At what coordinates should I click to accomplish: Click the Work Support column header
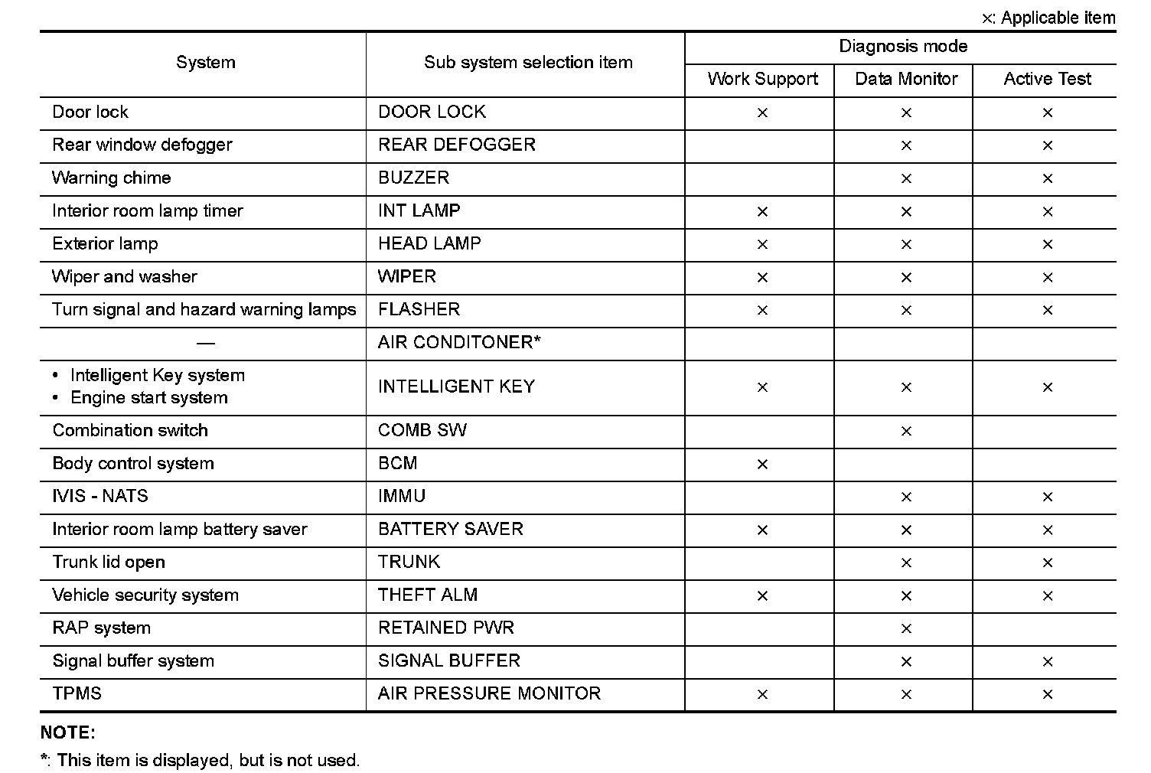click(762, 79)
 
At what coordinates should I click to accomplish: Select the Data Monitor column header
click(906, 79)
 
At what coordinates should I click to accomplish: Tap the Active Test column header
click(1047, 79)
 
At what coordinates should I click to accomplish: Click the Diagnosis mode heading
click(903, 47)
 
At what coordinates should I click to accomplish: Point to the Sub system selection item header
click(528, 63)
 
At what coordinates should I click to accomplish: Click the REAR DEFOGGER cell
click(457, 145)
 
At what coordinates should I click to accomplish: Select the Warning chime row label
click(112, 178)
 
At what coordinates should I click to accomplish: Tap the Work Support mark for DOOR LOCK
click(762, 113)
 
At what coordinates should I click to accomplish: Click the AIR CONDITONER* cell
click(459, 342)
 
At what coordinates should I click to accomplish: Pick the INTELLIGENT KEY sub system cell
click(456, 386)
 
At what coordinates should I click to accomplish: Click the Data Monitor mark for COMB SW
click(906, 431)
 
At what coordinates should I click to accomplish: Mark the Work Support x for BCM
click(762, 464)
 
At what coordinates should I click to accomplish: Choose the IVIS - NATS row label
click(100, 496)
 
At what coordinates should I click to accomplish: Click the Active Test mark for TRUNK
click(1047, 563)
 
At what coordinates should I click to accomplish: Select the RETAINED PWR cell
click(446, 628)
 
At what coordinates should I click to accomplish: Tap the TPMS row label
click(77, 693)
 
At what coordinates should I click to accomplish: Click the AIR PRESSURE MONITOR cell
click(489, 693)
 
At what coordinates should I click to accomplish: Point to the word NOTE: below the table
click(68, 732)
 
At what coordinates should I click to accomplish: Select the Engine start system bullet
click(148, 398)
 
